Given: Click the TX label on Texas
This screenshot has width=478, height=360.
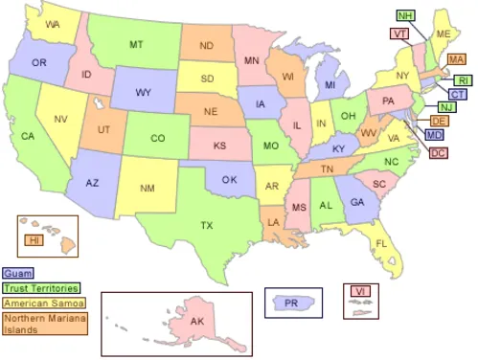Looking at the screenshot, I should (x=206, y=226).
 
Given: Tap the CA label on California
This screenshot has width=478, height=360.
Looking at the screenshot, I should (x=29, y=136).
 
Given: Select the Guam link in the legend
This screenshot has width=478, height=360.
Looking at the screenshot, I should (x=17, y=273).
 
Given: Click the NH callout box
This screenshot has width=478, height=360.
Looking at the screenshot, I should (x=405, y=16).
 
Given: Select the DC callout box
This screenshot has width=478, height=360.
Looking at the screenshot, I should (x=438, y=152).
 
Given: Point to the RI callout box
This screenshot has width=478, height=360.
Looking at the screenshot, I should (x=463, y=80).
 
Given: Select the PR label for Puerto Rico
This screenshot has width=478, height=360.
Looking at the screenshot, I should (x=290, y=304).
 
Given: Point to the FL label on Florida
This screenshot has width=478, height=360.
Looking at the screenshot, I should (x=381, y=244).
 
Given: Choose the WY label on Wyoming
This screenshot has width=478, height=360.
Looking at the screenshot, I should (x=143, y=93).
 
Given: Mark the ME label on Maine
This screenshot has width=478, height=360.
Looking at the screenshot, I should (x=443, y=34).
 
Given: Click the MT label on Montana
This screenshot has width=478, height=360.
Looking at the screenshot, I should (x=136, y=45).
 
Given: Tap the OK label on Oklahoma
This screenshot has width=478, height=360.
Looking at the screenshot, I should (x=228, y=179).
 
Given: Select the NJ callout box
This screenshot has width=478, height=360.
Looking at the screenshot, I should (x=446, y=107).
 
